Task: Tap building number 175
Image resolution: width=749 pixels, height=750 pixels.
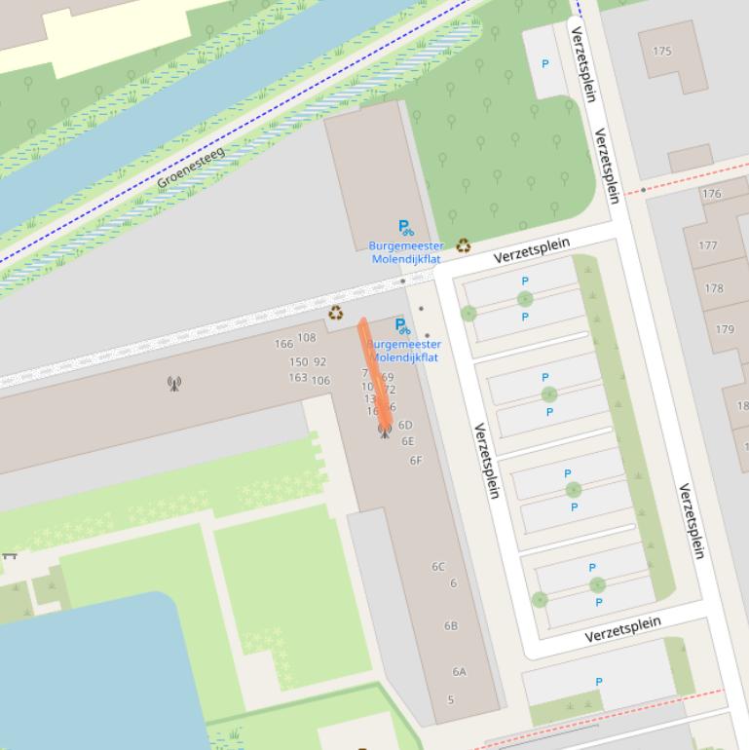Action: tap(662, 52)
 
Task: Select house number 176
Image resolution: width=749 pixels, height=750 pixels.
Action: tap(712, 194)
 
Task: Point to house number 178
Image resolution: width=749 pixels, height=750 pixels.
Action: tap(714, 288)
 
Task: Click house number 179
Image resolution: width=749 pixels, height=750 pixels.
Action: tap(725, 329)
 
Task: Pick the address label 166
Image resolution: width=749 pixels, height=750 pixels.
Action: tap(283, 344)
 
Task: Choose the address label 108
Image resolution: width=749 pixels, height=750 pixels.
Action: tap(307, 338)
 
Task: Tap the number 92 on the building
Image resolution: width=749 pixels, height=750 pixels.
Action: tap(319, 362)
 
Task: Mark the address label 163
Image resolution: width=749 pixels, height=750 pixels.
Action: tap(298, 378)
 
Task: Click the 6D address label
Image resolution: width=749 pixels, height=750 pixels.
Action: tap(405, 426)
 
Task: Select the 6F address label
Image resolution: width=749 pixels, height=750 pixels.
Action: tap(416, 461)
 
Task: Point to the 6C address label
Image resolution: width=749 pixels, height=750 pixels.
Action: tap(438, 567)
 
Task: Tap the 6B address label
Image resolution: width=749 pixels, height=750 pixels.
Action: tap(451, 626)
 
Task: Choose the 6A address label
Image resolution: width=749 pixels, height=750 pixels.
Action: tap(459, 672)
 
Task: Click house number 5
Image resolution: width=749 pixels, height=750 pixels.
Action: tap(451, 700)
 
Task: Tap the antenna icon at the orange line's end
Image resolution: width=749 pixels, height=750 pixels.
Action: tap(385, 430)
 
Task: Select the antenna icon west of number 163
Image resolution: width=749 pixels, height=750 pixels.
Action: tap(174, 384)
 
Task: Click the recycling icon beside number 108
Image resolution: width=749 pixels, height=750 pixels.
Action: tap(336, 313)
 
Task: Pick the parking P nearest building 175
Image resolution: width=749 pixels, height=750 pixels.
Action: tap(544, 64)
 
